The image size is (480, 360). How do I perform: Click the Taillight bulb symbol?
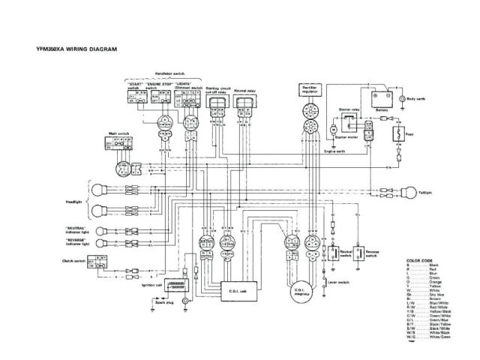pyautogui.click(x=410, y=190)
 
